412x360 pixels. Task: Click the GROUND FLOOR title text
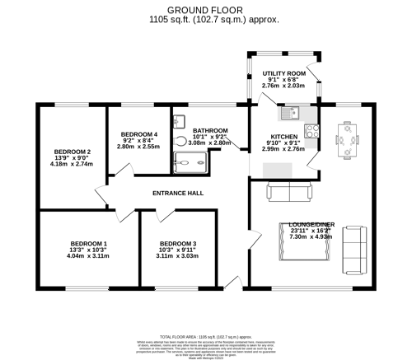206,9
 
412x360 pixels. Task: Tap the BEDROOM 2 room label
73,152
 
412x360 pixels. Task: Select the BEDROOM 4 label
138,134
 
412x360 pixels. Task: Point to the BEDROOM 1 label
88,244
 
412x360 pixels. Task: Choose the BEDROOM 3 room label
178,244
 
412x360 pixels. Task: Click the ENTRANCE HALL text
178,193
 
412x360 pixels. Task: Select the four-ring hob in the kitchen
311,130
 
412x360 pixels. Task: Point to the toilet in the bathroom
180,140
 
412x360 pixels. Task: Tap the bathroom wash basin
179,121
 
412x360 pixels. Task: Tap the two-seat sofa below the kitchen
289,192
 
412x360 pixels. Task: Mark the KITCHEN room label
283,137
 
